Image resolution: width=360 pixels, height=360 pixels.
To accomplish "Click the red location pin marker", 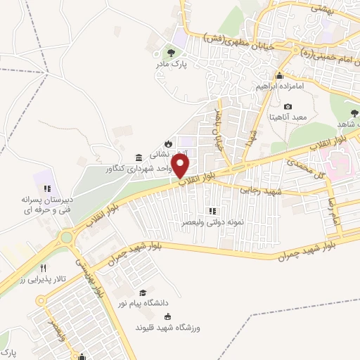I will [181, 166].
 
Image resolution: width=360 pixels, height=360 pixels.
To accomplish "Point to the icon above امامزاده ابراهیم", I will [280, 75].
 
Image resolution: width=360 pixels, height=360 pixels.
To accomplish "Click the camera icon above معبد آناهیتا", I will [288, 106].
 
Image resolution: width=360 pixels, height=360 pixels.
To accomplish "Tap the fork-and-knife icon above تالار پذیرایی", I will [43, 268].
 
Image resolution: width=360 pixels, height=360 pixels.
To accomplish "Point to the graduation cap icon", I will [143, 291].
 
